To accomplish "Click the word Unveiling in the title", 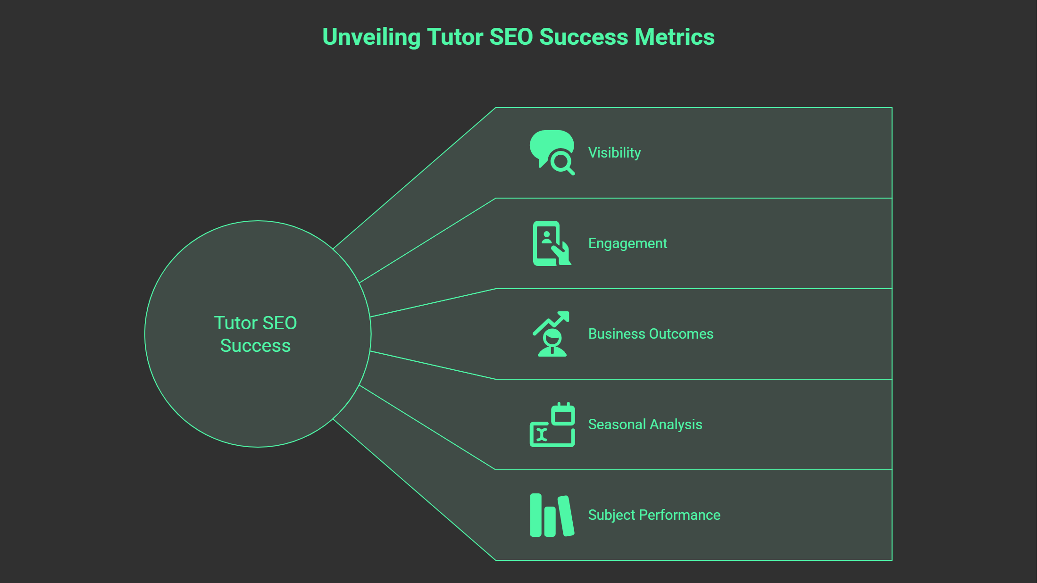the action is point(371,37).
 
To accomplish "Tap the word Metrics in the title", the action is point(675,37).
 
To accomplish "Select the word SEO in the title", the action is point(511,37).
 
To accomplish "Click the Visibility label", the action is point(614,153).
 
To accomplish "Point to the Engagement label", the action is point(627,243).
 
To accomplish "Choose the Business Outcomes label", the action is point(651,334).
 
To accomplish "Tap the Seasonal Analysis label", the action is point(645,425).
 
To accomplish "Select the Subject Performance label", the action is point(654,515).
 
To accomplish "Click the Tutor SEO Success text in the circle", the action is point(255,334).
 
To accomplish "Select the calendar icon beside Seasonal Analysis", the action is point(563,415).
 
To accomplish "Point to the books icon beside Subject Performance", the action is point(552,515).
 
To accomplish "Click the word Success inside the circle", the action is point(255,346).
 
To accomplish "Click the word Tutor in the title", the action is point(454,37).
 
